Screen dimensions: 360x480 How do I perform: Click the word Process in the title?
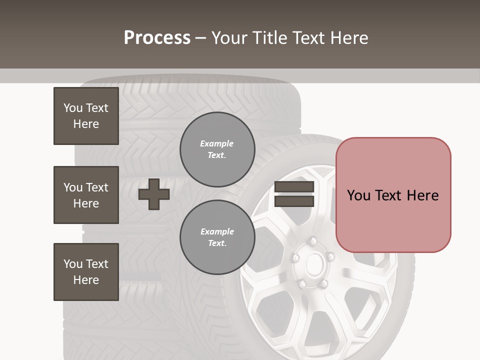point(157,38)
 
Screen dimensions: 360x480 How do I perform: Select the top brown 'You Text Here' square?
point(86,116)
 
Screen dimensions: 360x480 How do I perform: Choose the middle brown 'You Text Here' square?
point(86,195)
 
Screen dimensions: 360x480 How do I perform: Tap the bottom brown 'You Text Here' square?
point(86,272)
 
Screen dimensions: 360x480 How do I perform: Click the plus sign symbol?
point(154,194)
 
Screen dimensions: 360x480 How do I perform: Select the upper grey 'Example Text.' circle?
point(217,149)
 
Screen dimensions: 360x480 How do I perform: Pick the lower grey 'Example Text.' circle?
point(217,237)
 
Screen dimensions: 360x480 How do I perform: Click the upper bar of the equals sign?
point(294,187)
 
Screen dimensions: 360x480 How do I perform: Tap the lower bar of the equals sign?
point(294,201)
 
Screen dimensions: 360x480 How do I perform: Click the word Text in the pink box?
point(388,195)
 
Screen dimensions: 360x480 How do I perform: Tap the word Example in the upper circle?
point(217,143)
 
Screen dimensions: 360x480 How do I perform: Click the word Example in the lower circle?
point(217,231)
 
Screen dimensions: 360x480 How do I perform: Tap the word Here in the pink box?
point(422,195)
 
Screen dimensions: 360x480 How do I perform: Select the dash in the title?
point(201,38)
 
